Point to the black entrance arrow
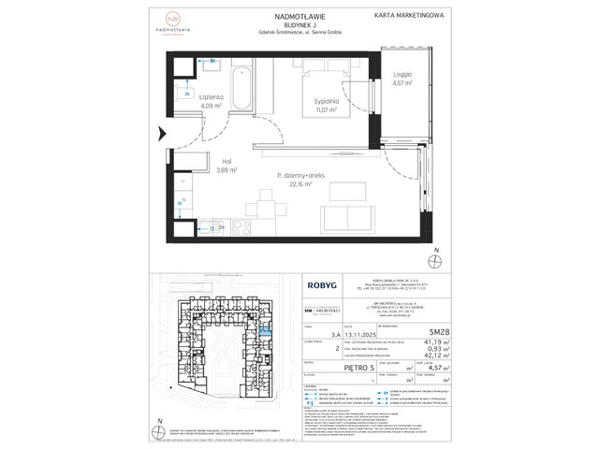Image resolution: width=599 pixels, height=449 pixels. click(158, 134)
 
